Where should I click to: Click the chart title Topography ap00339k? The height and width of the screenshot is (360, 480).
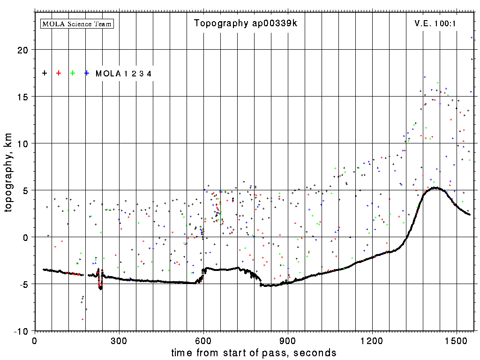tap(246, 23)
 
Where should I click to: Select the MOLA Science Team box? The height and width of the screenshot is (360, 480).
tap(77, 23)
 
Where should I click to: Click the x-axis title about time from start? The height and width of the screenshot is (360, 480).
tap(254, 352)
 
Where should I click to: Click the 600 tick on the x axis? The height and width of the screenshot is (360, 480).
tap(203, 341)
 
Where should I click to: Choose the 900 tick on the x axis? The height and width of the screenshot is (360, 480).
tap(288, 341)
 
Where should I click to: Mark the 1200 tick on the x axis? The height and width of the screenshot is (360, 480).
tap(372, 341)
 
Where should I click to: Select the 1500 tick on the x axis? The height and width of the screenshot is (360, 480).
tap(457, 341)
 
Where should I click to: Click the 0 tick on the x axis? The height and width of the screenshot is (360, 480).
tap(34, 341)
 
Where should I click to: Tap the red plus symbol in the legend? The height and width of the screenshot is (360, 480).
tap(59, 73)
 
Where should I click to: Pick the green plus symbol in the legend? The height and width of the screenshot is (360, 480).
tap(73, 73)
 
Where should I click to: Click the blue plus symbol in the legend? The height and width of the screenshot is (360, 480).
tap(87, 73)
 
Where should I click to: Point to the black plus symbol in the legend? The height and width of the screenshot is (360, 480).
tap(45, 73)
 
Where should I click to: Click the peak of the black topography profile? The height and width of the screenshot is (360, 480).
tap(436, 188)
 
